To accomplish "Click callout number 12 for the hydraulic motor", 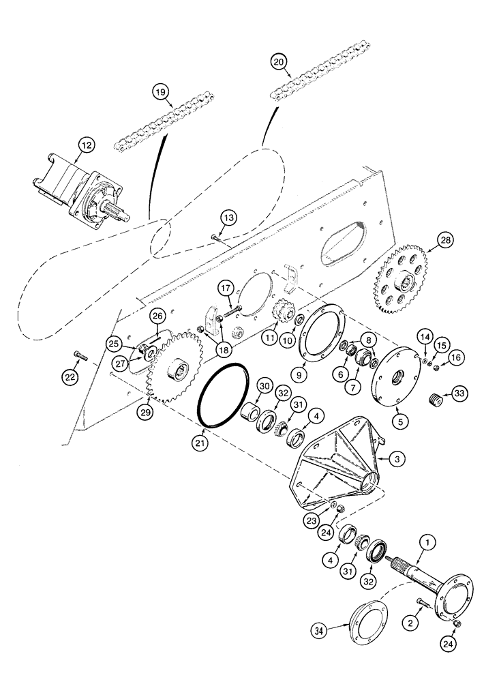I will pyautogui.click(x=85, y=145).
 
